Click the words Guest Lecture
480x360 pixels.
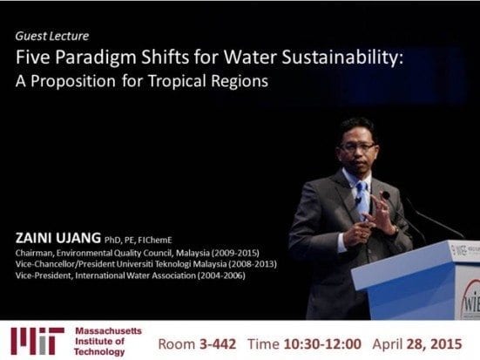pos(52,37)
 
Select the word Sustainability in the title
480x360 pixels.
pos(342,58)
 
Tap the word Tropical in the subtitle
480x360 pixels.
pos(177,81)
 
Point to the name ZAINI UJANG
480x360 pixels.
pos(57,238)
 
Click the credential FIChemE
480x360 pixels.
pos(155,240)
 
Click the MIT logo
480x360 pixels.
pos(37,341)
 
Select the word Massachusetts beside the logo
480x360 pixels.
pos(108,331)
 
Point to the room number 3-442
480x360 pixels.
pos(218,344)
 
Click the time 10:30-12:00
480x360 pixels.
pos(322,344)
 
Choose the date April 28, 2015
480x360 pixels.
pos(417,344)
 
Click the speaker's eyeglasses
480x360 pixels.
pos(357,147)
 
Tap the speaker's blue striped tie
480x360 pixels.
pos(362,199)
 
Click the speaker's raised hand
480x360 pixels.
pos(381,213)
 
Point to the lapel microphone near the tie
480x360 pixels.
pos(358,200)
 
